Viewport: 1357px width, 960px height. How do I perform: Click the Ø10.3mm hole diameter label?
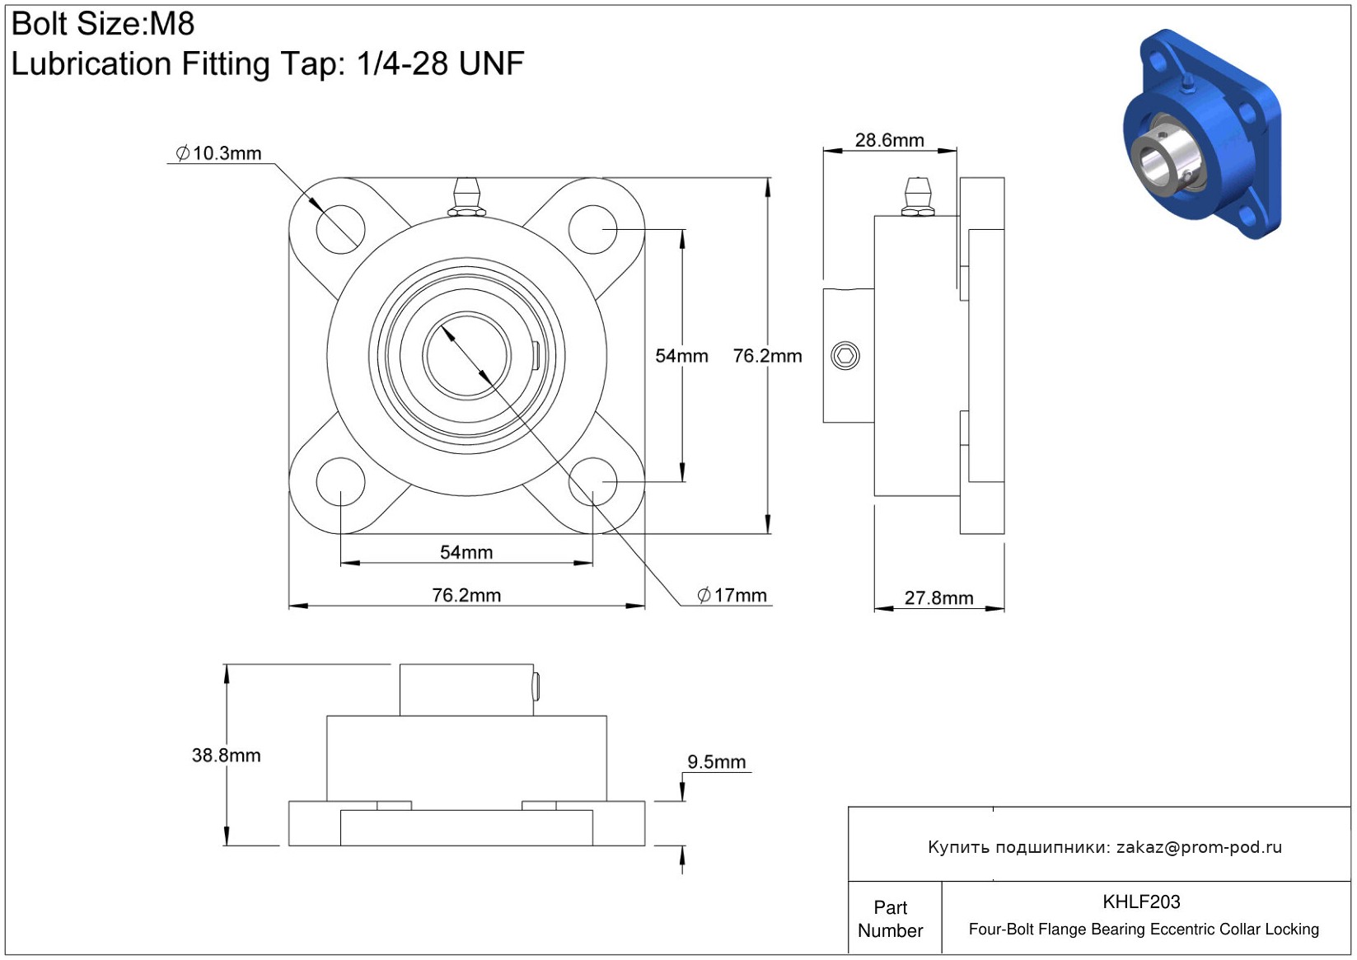(219, 153)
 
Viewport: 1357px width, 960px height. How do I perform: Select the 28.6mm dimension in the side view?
(889, 140)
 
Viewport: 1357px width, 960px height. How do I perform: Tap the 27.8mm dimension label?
(938, 597)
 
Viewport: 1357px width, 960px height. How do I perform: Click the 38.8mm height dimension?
(226, 755)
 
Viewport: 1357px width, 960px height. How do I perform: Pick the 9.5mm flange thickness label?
(716, 761)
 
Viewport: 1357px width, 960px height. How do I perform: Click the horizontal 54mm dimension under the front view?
(466, 552)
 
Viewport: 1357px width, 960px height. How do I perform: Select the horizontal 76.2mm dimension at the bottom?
(466, 595)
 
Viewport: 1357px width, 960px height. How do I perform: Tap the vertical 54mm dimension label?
(681, 356)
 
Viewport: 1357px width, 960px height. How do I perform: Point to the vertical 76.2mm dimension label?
(767, 356)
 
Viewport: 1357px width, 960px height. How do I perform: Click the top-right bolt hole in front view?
(592, 229)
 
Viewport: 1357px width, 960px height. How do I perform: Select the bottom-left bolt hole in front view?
(340, 482)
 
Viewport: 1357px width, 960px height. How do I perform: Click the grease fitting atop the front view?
(466, 198)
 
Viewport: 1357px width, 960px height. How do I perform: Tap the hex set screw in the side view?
(845, 356)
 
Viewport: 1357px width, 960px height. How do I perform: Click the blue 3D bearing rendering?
(1201, 136)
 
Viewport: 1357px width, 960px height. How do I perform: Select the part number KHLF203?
(1141, 901)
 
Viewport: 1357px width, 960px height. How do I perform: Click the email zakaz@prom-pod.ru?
(1199, 847)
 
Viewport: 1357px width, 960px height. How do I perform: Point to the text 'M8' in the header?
(171, 24)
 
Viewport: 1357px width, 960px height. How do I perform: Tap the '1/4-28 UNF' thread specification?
(440, 63)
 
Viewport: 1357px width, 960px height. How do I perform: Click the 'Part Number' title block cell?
(891, 919)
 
